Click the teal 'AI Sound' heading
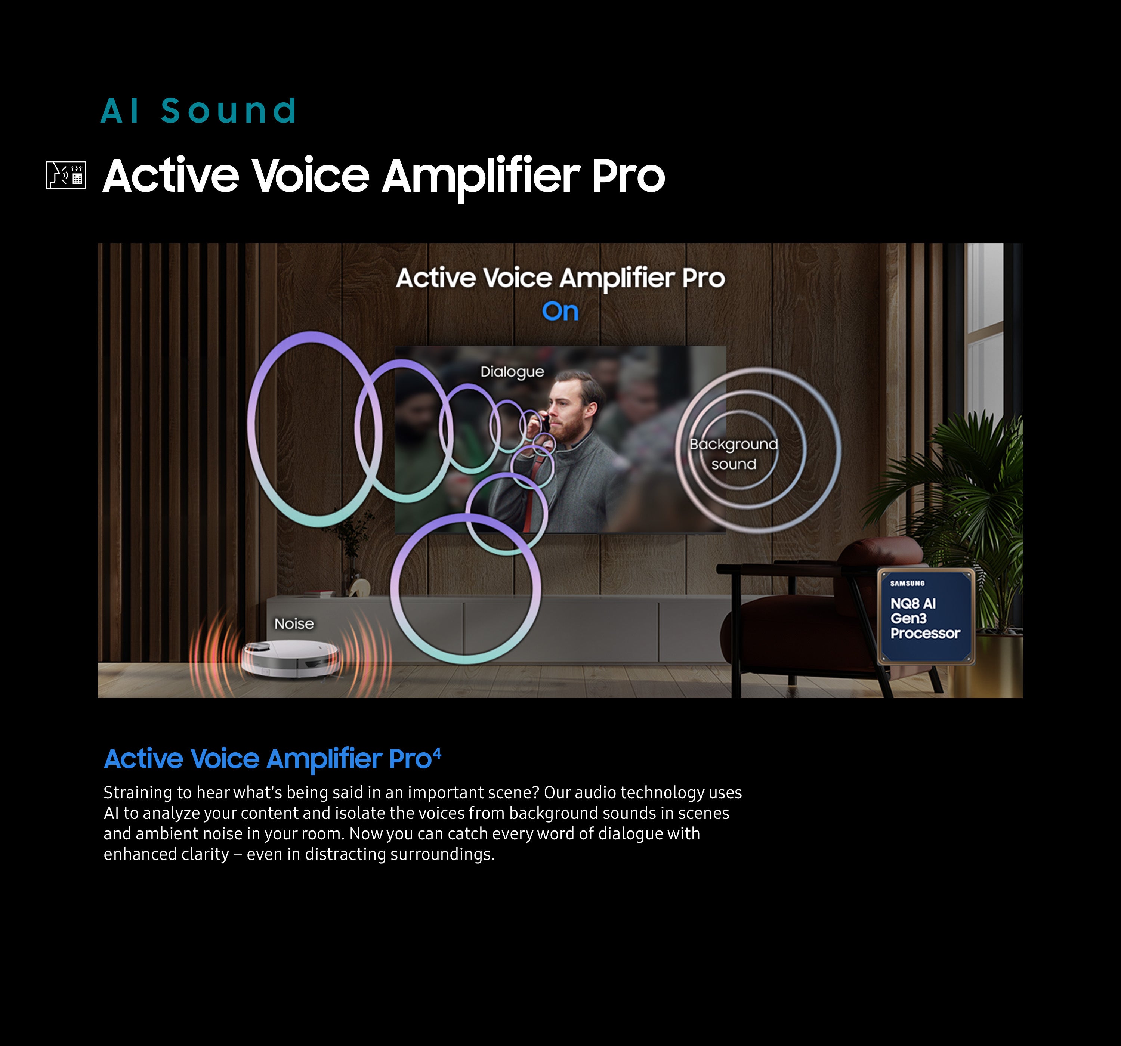198,111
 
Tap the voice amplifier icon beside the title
65,175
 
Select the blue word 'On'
560,311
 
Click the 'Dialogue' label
512,372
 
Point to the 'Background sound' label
734,454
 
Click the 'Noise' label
294,623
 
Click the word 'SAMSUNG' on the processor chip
907,583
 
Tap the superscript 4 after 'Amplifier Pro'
437,753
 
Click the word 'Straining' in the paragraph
138,793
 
